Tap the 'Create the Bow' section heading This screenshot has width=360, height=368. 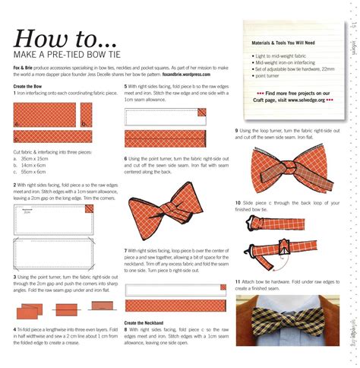[x=29, y=86]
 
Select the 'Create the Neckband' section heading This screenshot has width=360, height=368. [x=147, y=322]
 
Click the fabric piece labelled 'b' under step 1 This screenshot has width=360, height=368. [x=86, y=115]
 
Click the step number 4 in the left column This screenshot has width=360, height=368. [x=16, y=328]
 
